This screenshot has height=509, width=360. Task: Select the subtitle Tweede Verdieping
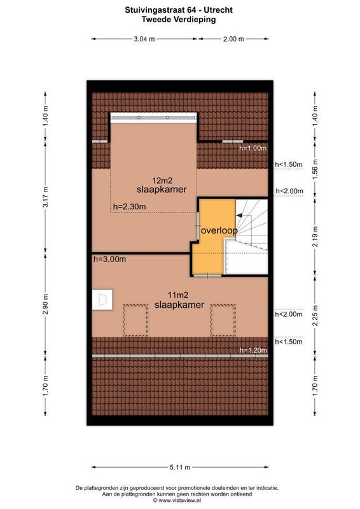pos(179,20)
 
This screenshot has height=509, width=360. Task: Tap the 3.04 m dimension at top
pos(144,39)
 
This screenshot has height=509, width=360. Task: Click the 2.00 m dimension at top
pos(233,39)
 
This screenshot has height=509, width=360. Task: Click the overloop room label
pos(219,231)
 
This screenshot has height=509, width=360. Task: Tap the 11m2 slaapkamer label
pos(179,300)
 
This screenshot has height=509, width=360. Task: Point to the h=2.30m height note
pos(129,206)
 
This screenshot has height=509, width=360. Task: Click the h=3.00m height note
pos(109,259)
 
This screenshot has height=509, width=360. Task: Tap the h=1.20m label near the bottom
pos(252,350)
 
